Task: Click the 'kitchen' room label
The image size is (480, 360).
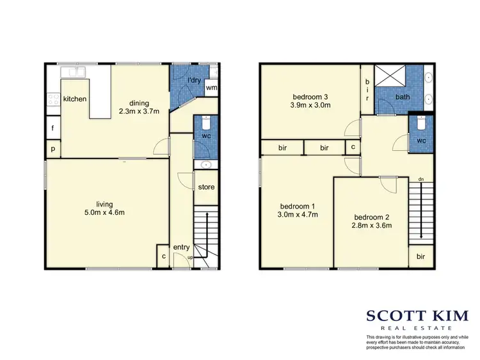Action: point(75,99)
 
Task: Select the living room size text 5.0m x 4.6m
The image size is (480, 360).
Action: point(101,212)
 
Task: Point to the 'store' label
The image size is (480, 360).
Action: point(206,187)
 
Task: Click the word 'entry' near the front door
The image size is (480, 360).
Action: point(182,248)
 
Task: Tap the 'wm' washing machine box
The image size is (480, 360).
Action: point(211,88)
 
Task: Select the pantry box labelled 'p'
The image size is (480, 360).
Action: point(52,149)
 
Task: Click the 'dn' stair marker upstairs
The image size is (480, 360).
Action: point(420,179)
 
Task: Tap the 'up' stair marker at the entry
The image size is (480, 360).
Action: point(190,258)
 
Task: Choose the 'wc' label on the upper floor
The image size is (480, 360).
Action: point(422,140)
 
